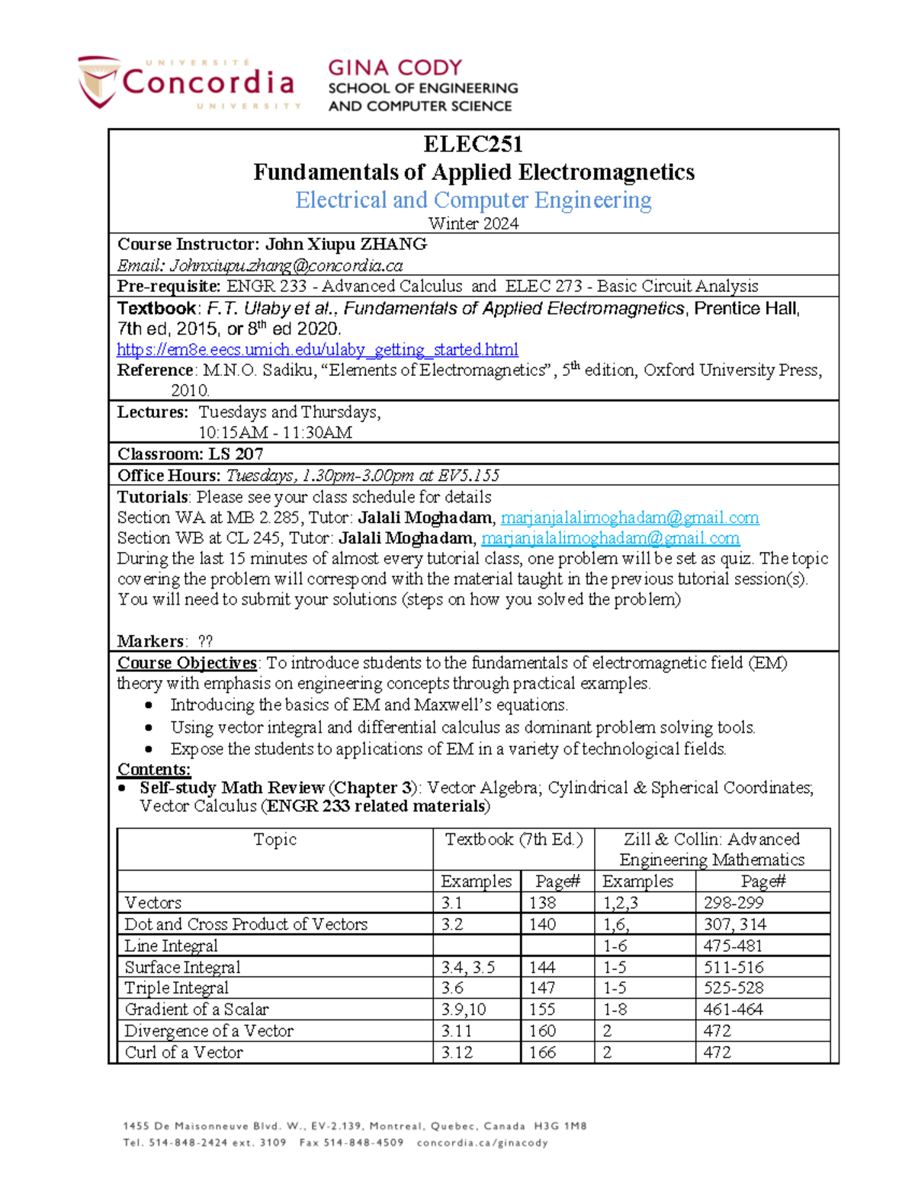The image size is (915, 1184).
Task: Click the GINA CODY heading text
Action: click(x=395, y=68)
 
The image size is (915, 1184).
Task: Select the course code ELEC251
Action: click(x=473, y=144)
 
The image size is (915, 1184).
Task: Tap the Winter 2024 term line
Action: click(x=473, y=223)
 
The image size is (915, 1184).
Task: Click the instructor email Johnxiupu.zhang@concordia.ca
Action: click(x=286, y=265)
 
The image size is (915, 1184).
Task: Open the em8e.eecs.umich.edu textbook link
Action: click(x=317, y=349)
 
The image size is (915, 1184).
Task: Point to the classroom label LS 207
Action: click(x=236, y=454)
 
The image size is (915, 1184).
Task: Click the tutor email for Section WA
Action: click(x=629, y=518)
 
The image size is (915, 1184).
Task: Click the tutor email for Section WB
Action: click(x=610, y=538)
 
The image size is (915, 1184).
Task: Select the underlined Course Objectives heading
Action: click(x=187, y=663)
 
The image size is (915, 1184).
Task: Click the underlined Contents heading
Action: click(x=154, y=769)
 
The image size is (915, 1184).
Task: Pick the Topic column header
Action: click(x=274, y=839)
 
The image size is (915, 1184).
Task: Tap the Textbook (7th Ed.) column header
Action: click(x=513, y=839)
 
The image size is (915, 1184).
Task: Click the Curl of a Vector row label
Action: click(x=184, y=1052)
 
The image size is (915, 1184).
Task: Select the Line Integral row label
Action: click(x=172, y=945)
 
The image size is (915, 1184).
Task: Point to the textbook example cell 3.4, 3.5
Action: click(x=467, y=967)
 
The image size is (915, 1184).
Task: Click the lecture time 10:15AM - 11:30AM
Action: click(x=275, y=432)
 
